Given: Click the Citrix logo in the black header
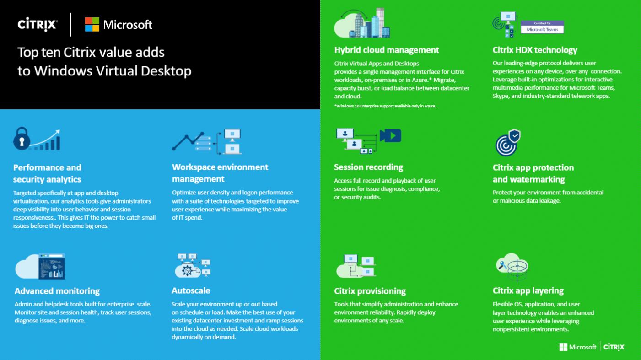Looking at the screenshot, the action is pyautogui.click(x=38, y=24).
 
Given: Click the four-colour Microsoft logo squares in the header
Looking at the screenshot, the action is pyautogui.click(x=92, y=24).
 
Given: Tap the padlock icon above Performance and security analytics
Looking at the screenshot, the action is pyautogui.click(x=22, y=139).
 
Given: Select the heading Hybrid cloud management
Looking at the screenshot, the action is pyautogui.click(x=387, y=50).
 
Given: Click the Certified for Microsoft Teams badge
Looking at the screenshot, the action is pyautogui.click(x=542, y=27).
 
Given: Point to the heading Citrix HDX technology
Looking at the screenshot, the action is pyautogui.click(x=535, y=50).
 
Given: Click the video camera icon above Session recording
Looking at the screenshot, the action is pyautogui.click(x=391, y=136).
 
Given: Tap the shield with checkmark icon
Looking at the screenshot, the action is pyautogui.click(x=515, y=135).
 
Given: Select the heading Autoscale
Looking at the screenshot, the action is pyautogui.click(x=191, y=290).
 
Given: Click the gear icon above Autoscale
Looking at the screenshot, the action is pyautogui.click(x=187, y=270).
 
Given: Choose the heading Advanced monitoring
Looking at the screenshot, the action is pyautogui.click(x=57, y=291).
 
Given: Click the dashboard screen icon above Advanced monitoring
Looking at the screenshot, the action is pyautogui.click(x=52, y=266).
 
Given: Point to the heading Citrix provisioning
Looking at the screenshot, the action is pyautogui.click(x=370, y=291).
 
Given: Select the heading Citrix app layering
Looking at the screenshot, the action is pyautogui.click(x=528, y=291).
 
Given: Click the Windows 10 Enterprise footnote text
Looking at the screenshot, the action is pyautogui.click(x=385, y=106).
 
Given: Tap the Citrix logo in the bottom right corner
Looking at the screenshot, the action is pyautogui.click(x=614, y=347).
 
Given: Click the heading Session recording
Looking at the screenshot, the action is pyautogui.click(x=369, y=167).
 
